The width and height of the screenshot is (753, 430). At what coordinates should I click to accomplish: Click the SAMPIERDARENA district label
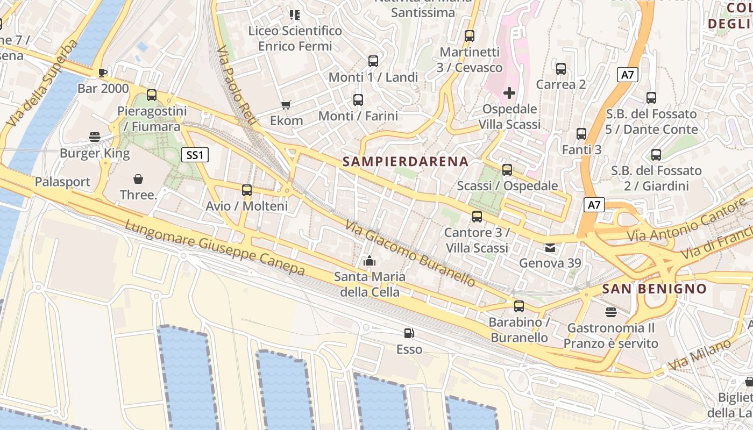406,161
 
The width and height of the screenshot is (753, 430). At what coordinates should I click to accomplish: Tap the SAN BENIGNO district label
654,289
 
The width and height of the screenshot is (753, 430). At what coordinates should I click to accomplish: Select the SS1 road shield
194,155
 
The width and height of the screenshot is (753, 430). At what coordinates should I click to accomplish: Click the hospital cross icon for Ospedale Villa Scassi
509,94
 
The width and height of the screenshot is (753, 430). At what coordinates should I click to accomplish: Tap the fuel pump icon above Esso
409,333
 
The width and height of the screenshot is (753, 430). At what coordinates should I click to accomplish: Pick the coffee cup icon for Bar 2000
103,73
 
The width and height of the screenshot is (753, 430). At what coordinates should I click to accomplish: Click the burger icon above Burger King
95,137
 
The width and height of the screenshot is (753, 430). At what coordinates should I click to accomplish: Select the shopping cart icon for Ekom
286,105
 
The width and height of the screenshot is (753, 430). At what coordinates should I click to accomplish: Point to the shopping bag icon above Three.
138,179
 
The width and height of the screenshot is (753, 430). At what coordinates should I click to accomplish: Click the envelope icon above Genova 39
550,248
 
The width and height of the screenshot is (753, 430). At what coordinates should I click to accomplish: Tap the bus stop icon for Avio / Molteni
247,190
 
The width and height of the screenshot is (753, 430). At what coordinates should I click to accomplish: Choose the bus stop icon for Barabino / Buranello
518,306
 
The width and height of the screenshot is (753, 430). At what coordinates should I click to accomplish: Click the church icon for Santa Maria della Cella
370,261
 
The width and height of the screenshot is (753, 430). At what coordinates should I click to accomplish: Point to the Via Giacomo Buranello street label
410,253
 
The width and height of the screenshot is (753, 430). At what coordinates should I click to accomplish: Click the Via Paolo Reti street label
237,86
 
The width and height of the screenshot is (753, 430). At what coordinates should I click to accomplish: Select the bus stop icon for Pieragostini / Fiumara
152,95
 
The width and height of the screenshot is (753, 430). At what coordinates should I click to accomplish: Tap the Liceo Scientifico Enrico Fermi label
295,38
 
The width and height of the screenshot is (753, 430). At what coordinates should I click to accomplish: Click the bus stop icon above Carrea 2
561,69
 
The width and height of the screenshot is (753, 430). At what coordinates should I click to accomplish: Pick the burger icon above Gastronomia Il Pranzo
610,312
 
